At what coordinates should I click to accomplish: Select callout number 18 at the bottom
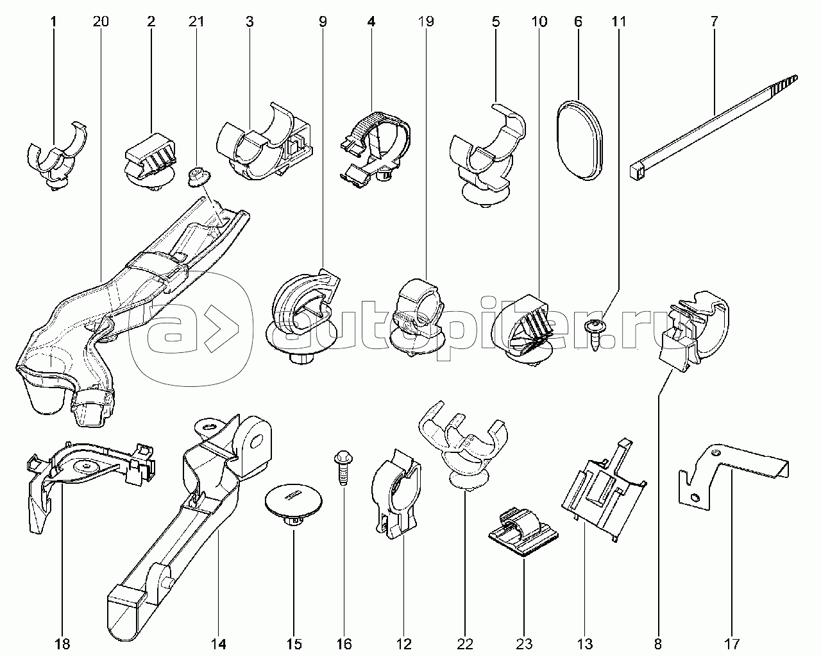click(x=63, y=643)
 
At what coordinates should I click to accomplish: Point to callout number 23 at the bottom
click(x=523, y=643)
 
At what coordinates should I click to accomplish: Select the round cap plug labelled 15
click(x=294, y=504)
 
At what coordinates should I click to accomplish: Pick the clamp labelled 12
click(x=397, y=494)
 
